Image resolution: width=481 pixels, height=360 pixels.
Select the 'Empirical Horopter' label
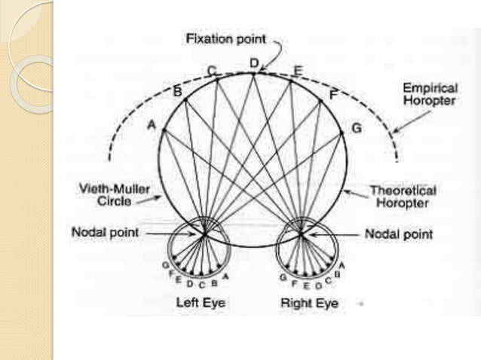pyautogui.click(x=428, y=93)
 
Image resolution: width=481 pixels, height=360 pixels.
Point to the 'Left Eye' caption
pyautogui.click(x=201, y=303)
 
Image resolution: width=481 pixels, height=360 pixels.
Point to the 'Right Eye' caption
pyautogui.click(x=308, y=303)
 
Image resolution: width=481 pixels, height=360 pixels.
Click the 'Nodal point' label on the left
pyautogui.click(x=105, y=233)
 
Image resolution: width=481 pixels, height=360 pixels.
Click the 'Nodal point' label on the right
pyautogui.click(x=399, y=234)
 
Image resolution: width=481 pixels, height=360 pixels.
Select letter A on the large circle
pyautogui.click(x=151, y=127)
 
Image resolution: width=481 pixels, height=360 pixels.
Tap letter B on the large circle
pyautogui.click(x=177, y=92)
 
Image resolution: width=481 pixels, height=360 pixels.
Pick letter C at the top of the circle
pyautogui.click(x=212, y=71)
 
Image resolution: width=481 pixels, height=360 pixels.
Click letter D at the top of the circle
pyautogui.click(x=254, y=63)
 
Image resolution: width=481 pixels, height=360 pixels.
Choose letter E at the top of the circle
pyautogui.click(x=297, y=71)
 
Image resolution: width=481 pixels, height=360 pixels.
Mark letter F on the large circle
pyautogui.click(x=333, y=94)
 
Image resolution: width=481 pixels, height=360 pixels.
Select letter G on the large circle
pyautogui.click(x=356, y=128)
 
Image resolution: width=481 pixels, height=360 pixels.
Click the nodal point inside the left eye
pyautogui.click(x=204, y=234)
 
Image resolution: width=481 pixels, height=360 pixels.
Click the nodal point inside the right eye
pyautogui.click(x=301, y=234)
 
